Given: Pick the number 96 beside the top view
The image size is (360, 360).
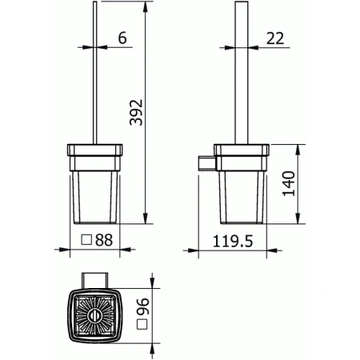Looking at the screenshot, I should [143, 305].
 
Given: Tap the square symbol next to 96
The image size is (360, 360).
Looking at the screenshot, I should [143, 325].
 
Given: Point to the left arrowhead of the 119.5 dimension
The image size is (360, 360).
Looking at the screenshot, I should [190, 251].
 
